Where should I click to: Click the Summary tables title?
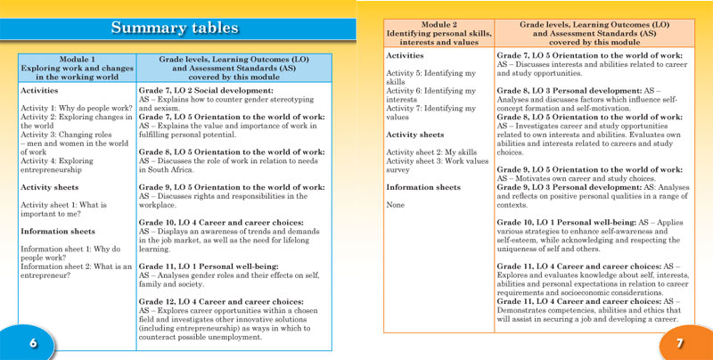(x=174, y=28)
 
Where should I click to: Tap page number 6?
(x=32, y=343)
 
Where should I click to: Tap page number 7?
(x=678, y=343)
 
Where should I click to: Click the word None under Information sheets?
(x=397, y=205)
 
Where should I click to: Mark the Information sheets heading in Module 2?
(x=423, y=187)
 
